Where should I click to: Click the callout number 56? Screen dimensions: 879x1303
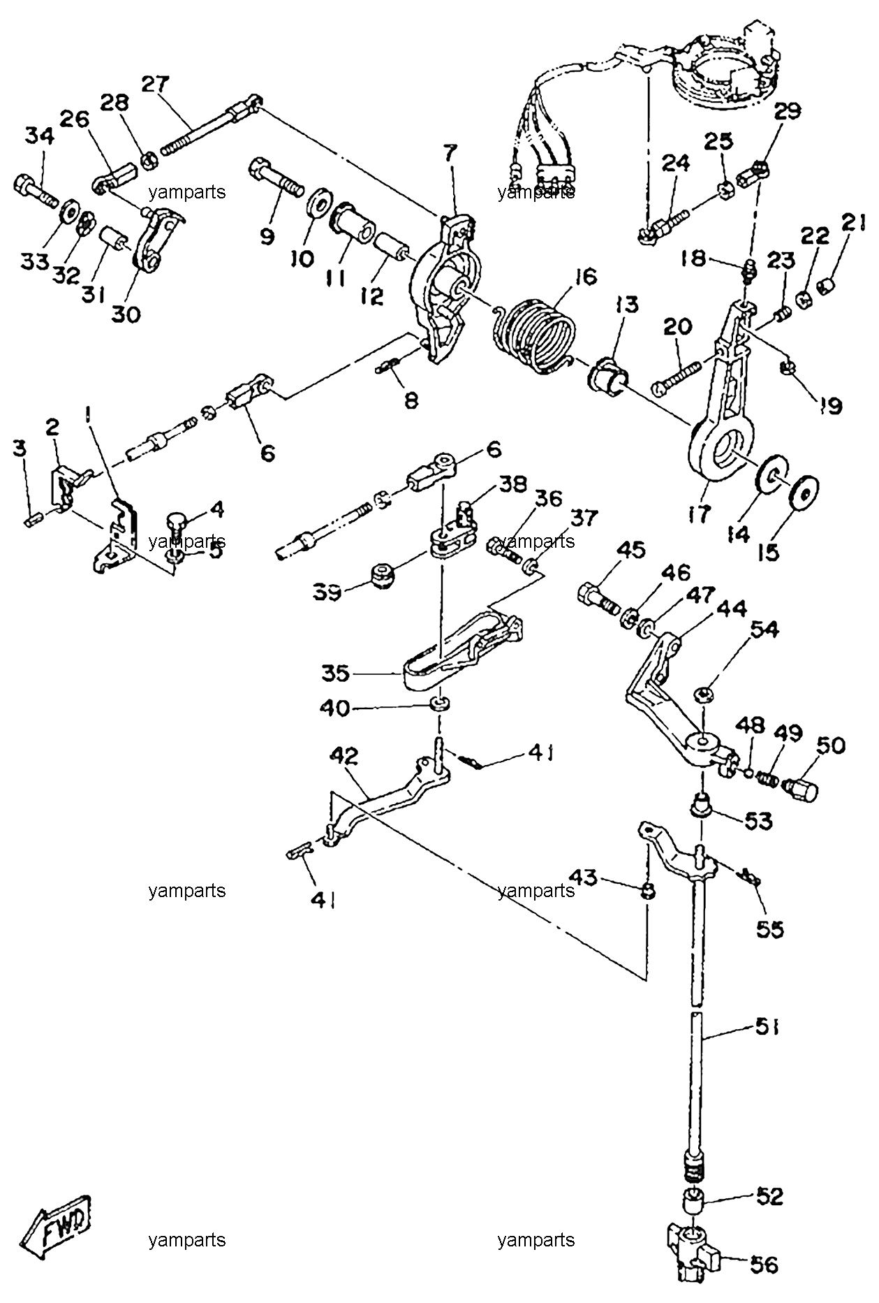pos(762,1265)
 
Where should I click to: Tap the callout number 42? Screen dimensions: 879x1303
pos(345,756)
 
